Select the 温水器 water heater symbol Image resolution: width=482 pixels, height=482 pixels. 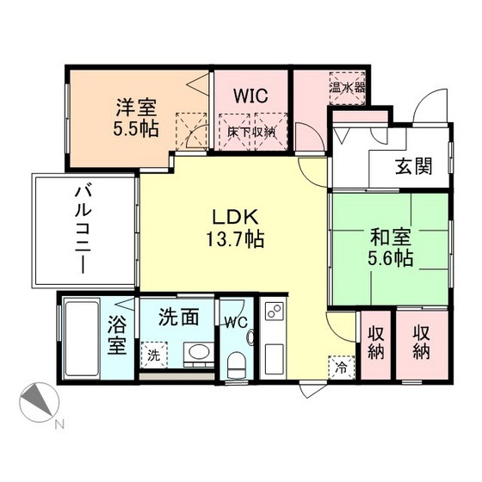[347, 87]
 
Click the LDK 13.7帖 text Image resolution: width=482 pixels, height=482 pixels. [233, 226]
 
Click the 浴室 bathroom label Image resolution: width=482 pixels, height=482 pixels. [117, 337]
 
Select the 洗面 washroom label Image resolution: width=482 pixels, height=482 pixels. [179, 317]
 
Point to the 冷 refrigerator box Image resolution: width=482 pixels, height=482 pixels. [342, 365]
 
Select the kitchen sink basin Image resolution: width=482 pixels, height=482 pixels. [275, 358]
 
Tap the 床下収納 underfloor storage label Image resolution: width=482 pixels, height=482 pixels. [252, 132]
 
